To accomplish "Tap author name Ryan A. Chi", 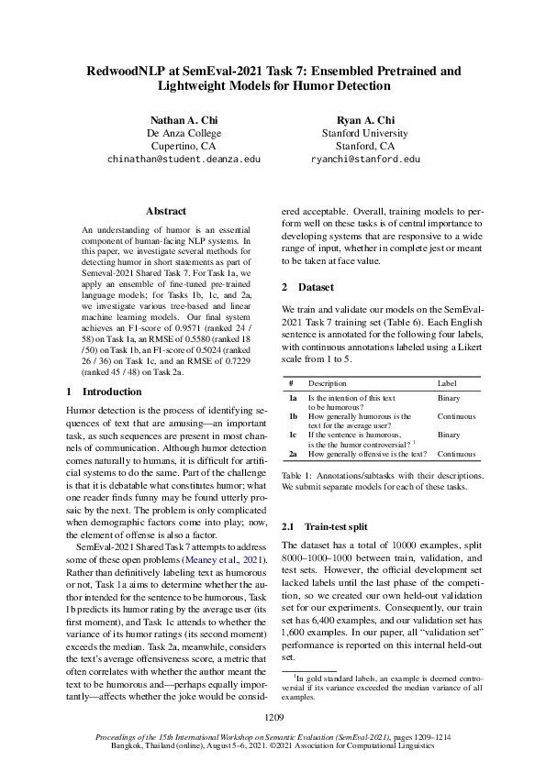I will point(365,120).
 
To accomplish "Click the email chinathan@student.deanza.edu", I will point(184,159).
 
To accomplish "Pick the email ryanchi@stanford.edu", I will point(365,159).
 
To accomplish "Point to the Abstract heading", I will point(166,211).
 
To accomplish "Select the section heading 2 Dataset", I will point(308,287).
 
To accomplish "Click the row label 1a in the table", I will point(293,399).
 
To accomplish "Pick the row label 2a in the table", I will point(293,453).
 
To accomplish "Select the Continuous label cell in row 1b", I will point(457,416).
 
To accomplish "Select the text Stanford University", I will point(365,133).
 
